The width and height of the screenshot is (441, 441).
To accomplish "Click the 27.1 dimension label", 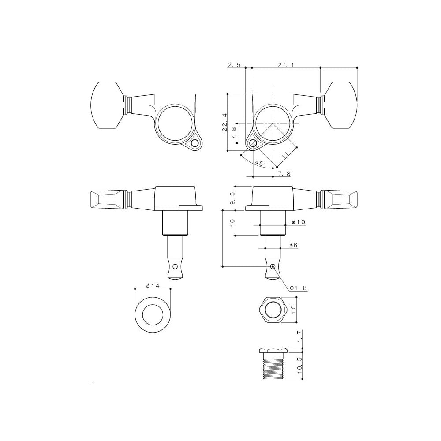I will (x=286, y=64).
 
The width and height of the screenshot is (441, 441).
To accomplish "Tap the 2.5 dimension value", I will (x=234, y=64).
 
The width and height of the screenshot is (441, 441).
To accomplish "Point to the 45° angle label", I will (x=260, y=163).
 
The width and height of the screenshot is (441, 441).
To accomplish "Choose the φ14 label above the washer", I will (x=152, y=286).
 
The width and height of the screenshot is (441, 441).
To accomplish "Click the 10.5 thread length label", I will (x=300, y=366).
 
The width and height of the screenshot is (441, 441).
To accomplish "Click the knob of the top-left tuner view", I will (x=108, y=106).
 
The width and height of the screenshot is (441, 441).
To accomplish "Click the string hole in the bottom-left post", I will (x=176, y=266).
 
